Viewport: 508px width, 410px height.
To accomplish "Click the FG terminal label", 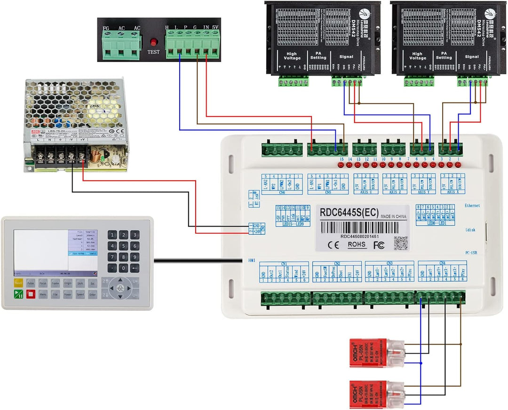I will click(x=106, y=28).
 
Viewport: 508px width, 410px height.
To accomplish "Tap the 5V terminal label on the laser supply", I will click(x=215, y=28).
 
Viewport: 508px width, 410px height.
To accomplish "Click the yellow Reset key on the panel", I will click(x=18, y=283).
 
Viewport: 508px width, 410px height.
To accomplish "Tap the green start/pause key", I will click(x=18, y=295).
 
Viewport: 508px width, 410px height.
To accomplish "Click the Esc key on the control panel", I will click(x=93, y=284).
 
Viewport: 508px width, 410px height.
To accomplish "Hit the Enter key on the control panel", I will click(x=93, y=295).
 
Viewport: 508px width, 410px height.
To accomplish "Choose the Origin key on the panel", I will click(x=68, y=284).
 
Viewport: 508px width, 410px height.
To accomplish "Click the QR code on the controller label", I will click(x=400, y=243).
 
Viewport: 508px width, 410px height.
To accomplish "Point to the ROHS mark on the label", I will click(x=356, y=244).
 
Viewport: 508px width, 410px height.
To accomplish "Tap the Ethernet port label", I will click(x=472, y=206).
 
